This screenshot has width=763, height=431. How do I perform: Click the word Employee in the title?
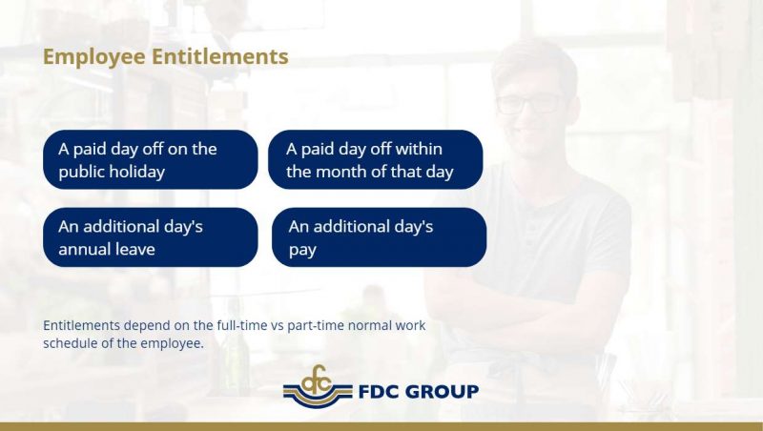coord(93,57)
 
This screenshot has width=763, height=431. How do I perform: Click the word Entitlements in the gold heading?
coord(220,56)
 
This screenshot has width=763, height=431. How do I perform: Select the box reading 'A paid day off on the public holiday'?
coord(151,159)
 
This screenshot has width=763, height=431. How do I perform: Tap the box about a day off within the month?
coord(375,159)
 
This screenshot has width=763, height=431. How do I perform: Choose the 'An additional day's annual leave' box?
coord(151,237)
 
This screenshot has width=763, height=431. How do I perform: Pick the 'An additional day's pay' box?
coord(379,237)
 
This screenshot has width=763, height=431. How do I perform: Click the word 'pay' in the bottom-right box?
coord(302,251)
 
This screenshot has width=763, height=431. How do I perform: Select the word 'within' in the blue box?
coord(419,149)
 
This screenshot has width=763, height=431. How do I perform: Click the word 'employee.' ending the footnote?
coord(173,344)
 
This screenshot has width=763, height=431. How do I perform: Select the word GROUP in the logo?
coord(442,392)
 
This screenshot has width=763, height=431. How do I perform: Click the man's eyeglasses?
coord(531,104)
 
